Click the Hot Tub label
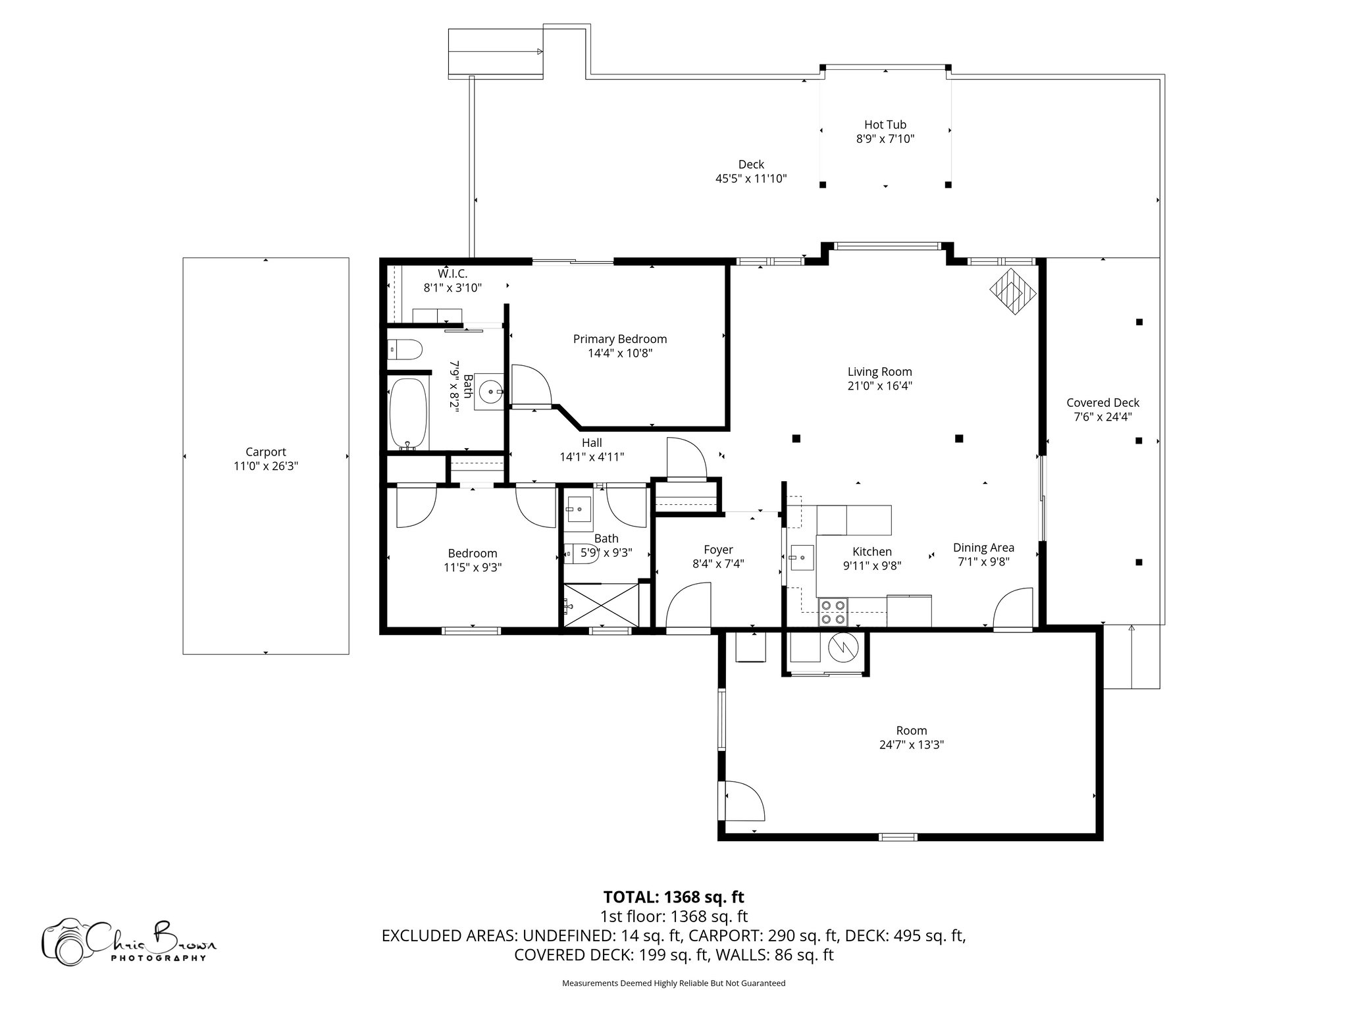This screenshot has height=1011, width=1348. pyautogui.click(x=885, y=124)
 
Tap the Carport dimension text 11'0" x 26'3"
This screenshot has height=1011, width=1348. pyautogui.click(x=265, y=466)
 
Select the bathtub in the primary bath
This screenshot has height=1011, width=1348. pyautogui.click(x=409, y=413)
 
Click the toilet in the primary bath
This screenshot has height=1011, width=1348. pyautogui.click(x=403, y=350)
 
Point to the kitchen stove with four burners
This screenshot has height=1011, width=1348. pyautogui.click(x=833, y=612)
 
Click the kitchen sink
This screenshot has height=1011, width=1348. pyautogui.click(x=801, y=558)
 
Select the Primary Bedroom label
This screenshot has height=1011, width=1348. pyautogui.click(x=619, y=339)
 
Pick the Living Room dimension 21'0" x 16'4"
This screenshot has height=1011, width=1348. pyautogui.click(x=879, y=386)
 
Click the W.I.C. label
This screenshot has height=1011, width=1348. pyautogui.click(x=452, y=273)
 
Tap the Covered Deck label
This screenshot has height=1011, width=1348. pyautogui.click(x=1102, y=403)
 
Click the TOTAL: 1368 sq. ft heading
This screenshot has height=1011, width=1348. pyautogui.click(x=673, y=896)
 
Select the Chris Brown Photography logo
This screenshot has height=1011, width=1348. pyautogui.click(x=128, y=941)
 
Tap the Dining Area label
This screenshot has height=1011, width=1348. pyautogui.click(x=983, y=548)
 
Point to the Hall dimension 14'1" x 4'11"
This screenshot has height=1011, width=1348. pyautogui.click(x=592, y=457)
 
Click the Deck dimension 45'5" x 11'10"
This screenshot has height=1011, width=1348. pyautogui.click(x=751, y=178)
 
